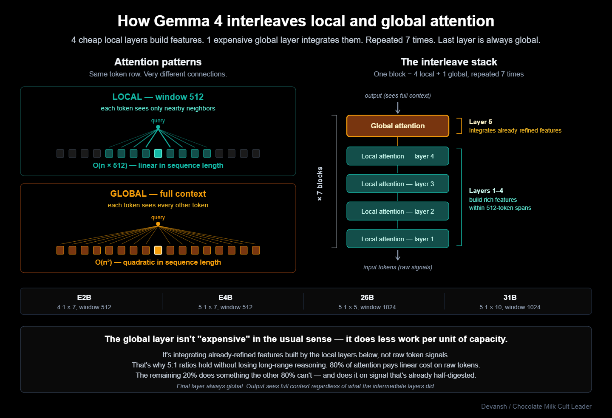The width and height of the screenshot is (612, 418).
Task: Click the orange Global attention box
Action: coord(397,126)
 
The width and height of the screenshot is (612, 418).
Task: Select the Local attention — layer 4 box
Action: coord(397,156)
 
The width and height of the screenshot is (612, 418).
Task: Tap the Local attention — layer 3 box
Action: coord(397,184)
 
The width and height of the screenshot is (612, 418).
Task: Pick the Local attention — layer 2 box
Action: coord(397,211)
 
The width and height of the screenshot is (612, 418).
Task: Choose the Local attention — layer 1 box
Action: coord(397,239)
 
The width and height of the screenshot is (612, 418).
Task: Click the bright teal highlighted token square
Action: coord(158,153)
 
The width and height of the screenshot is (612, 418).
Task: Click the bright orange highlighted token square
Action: coord(158,250)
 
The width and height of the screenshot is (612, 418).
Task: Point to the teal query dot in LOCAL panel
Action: coord(158,127)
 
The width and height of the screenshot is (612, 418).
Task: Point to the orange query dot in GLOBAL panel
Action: coord(158,224)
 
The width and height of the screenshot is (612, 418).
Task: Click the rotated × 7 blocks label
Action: coord(320,184)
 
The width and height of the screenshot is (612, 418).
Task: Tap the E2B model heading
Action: coord(84,297)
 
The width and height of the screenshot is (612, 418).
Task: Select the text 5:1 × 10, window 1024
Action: coord(510,307)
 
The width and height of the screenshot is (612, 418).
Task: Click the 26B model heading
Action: coord(367,297)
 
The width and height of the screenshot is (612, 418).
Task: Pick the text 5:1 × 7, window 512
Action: coord(225,307)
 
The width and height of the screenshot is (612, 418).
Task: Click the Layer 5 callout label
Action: coord(480,122)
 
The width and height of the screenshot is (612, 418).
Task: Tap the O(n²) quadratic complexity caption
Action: coord(158,262)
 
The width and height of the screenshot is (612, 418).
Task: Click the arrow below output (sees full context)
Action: coord(398,107)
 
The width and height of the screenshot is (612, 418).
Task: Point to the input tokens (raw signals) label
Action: coord(397,267)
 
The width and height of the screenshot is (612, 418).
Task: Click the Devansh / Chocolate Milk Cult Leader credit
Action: coord(536,407)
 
